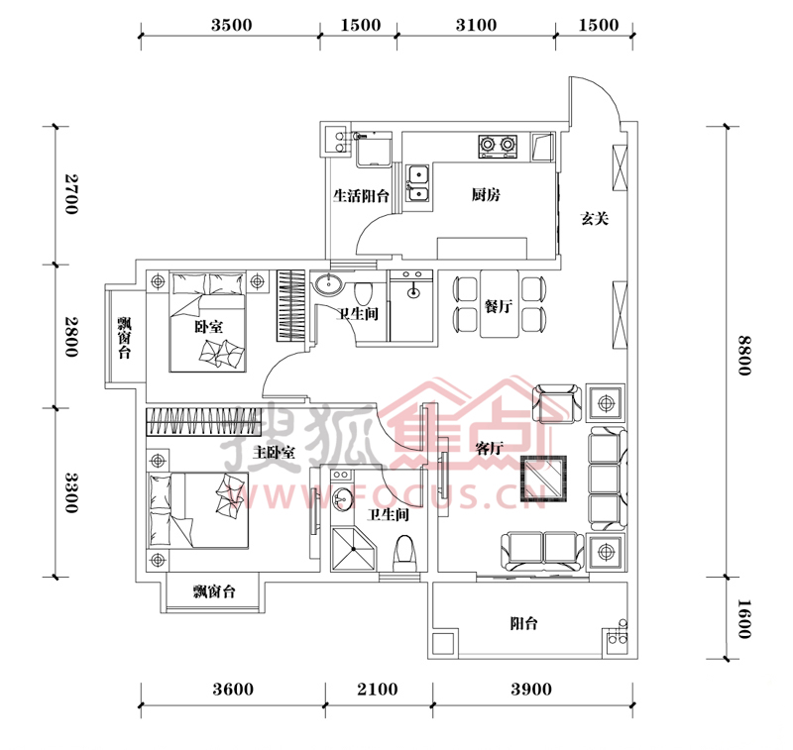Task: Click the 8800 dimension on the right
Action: tap(743, 356)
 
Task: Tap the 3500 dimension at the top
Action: tap(232, 25)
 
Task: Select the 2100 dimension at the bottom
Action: tap(378, 689)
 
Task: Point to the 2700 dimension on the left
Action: tap(71, 194)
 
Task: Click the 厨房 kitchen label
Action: tap(486, 194)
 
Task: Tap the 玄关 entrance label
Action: tap(594, 218)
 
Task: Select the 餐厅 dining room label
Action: tap(499, 306)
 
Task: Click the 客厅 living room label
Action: tap(489, 448)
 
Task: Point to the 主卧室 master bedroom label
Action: tap(274, 452)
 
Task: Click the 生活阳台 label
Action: tap(361, 195)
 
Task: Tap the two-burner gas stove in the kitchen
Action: tap(498, 146)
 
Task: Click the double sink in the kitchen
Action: tap(417, 184)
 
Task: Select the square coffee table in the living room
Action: tap(543, 478)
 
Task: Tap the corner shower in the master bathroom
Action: tap(353, 549)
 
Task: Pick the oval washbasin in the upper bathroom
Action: tap(328, 284)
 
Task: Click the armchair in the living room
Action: tap(557, 404)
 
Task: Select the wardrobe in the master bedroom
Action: tap(204, 421)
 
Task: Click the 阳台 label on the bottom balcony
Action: tap(523, 623)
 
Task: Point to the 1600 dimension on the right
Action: tap(743, 619)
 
